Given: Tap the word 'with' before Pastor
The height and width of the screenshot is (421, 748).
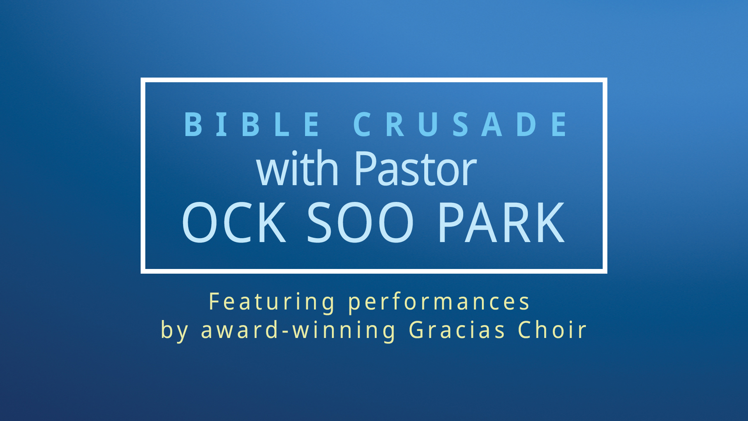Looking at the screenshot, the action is click(297, 168).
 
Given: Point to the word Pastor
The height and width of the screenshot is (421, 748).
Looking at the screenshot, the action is click(415, 169).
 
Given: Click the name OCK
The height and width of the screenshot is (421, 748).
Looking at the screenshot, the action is click(234, 222).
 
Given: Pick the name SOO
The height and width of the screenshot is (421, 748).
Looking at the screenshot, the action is click(360, 222).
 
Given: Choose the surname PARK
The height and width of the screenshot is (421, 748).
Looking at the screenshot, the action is click(501, 222).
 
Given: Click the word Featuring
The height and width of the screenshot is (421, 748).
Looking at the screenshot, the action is click(272, 302).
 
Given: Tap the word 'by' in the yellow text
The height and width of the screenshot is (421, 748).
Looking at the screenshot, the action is click(175, 330).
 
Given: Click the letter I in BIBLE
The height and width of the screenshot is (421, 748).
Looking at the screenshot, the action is click(222, 124).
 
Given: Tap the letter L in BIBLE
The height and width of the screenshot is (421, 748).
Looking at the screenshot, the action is click(282, 124).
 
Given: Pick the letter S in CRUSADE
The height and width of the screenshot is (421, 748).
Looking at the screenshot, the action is click(460, 124).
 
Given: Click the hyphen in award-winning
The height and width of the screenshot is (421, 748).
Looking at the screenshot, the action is click(286, 331).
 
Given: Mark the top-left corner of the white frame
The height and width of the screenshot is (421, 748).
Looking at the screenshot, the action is click(141, 78).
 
